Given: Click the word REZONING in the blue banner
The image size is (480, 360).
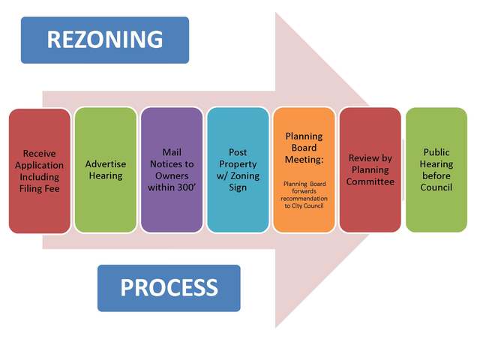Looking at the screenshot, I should pos(104,39).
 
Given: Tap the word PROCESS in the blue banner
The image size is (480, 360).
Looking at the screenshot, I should pos(169,286).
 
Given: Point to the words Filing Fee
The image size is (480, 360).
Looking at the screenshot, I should pos(40,188).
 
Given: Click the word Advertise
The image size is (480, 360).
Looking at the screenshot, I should pos(106,163).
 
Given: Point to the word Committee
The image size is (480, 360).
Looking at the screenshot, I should pos(370,181).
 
